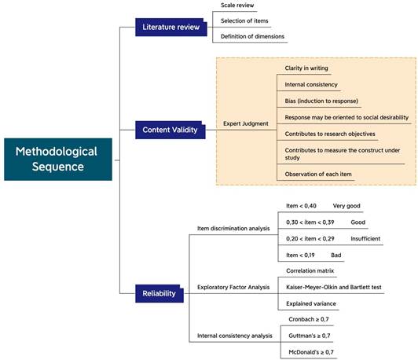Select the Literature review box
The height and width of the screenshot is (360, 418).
(170, 28)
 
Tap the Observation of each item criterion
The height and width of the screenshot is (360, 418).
(321, 173)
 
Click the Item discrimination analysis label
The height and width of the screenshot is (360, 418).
(233, 229)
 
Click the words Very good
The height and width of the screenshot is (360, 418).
(346, 206)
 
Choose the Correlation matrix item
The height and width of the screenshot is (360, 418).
(311, 270)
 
